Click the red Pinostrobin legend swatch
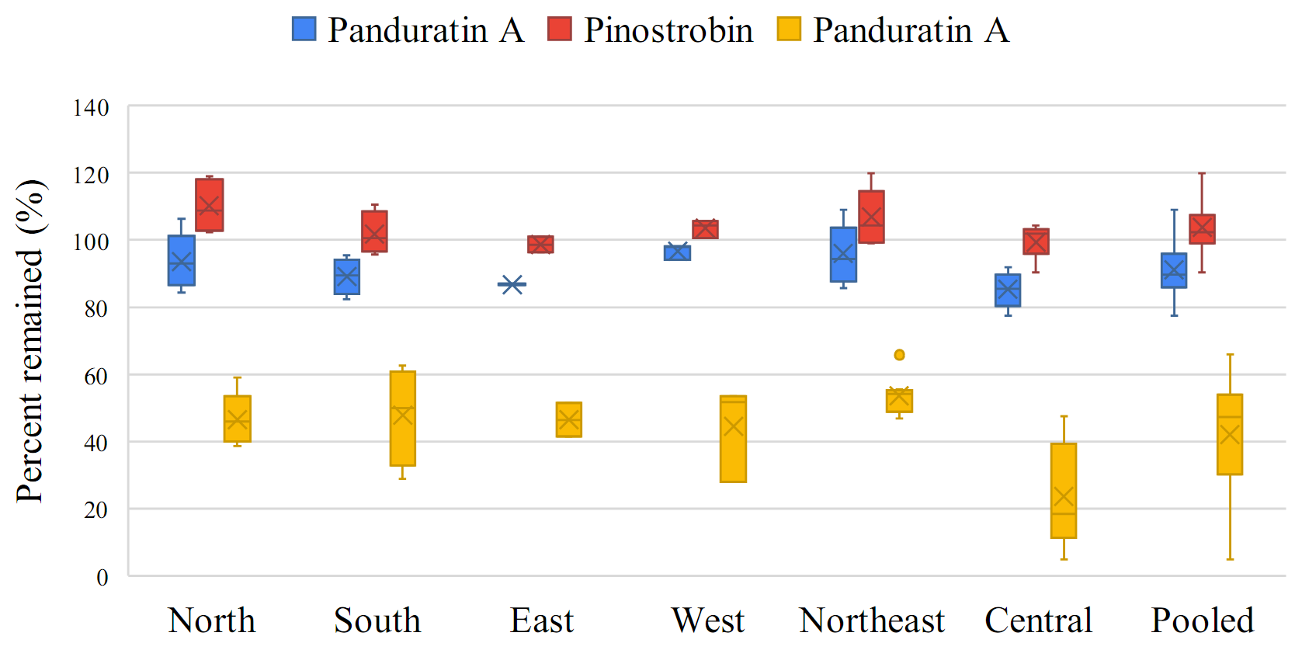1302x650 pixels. click(559, 30)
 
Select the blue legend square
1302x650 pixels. click(304, 30)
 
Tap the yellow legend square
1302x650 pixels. click(789, 30)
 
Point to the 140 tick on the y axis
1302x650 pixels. click(91, 108)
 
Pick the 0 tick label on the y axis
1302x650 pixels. click(102, 577)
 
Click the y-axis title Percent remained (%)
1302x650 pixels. click(31, 341)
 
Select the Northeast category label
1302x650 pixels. click(872, 620)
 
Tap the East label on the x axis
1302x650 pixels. click(542, 620)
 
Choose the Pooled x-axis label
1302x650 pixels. click(1202, 620)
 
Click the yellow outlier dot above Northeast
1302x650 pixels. click(899, 355)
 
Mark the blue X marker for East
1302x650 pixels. click(512, 284)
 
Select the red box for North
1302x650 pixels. click(210, 205)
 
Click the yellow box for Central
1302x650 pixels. click(1064, 490)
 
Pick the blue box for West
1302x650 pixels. click(677, 253)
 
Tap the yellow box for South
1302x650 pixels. click(402, 419)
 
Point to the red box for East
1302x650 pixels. click(540, 245)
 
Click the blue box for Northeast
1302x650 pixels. click(843, 255)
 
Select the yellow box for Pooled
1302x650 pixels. click(1230, 434)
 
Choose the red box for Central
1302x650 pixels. click(1036, 242)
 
